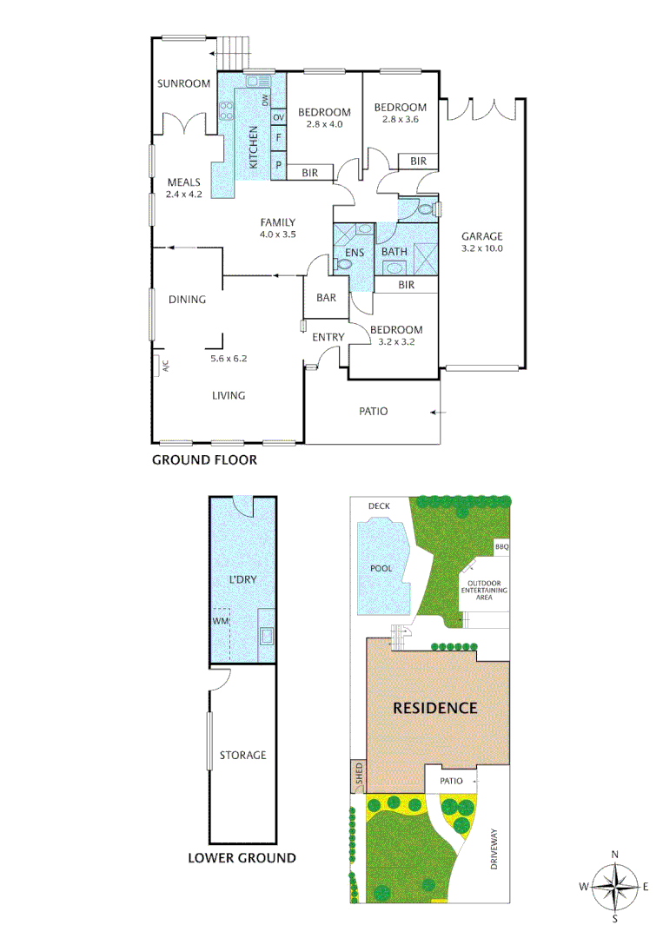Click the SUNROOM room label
[x=184, y=84]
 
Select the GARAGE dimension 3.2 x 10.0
[x=482, y=248]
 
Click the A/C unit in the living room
[x=161, y=366]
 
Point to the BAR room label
[x=327, y=298]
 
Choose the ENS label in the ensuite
[x=355, y=253]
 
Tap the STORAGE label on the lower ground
[x=242, y=756]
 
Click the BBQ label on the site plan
[x=501, y=547]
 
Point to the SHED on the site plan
[x=359, y=776]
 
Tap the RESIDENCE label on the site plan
[x=435, y=708]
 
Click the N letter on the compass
[x=614, y=854]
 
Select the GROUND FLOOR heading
[x=204, y=459]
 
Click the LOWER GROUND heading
[x=242, y=858]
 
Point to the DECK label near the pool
[x=379, y=505]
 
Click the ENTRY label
[x=328, y=337]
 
